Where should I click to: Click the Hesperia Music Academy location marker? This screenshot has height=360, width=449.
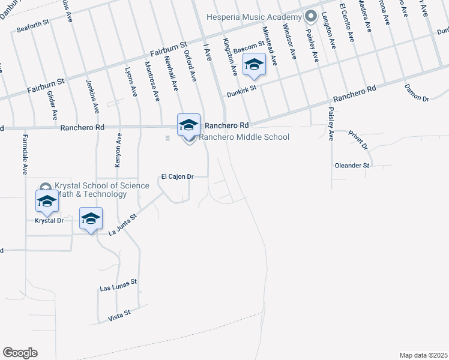(310, 16)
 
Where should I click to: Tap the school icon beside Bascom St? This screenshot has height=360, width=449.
(254, 65)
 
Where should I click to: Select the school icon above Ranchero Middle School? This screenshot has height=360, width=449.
(188, 125)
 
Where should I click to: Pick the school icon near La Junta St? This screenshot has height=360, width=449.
(91, 219)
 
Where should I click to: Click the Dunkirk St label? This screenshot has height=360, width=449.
(241, 91)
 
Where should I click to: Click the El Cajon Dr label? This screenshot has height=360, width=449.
(177, 177)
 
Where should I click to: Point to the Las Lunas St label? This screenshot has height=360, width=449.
(118, 285)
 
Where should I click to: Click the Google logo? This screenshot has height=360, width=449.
(20, 353)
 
